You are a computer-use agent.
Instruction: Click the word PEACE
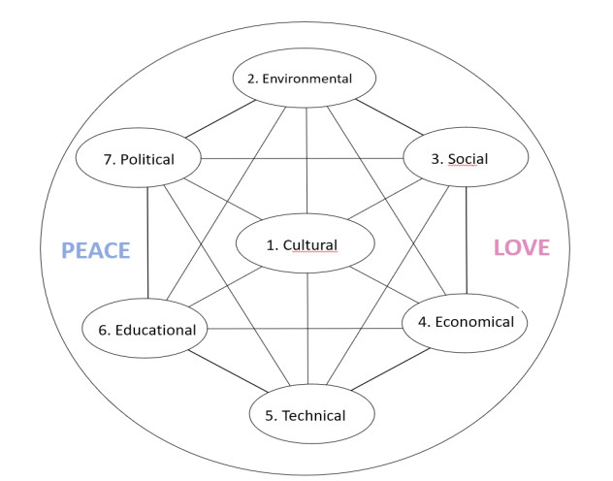coord(96,250)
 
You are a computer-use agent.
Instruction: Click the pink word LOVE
coord(522,247)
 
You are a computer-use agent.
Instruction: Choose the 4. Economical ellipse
coord(466,322)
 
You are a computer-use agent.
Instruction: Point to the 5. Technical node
coord(306,416)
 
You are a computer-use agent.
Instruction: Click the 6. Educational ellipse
coord(146,330)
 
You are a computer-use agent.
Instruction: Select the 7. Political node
coord(139,159)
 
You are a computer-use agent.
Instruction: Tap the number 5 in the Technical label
coord(269,416)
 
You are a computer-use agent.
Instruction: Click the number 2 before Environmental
coord(251,79)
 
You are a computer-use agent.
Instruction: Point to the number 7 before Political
coord(107,159)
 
